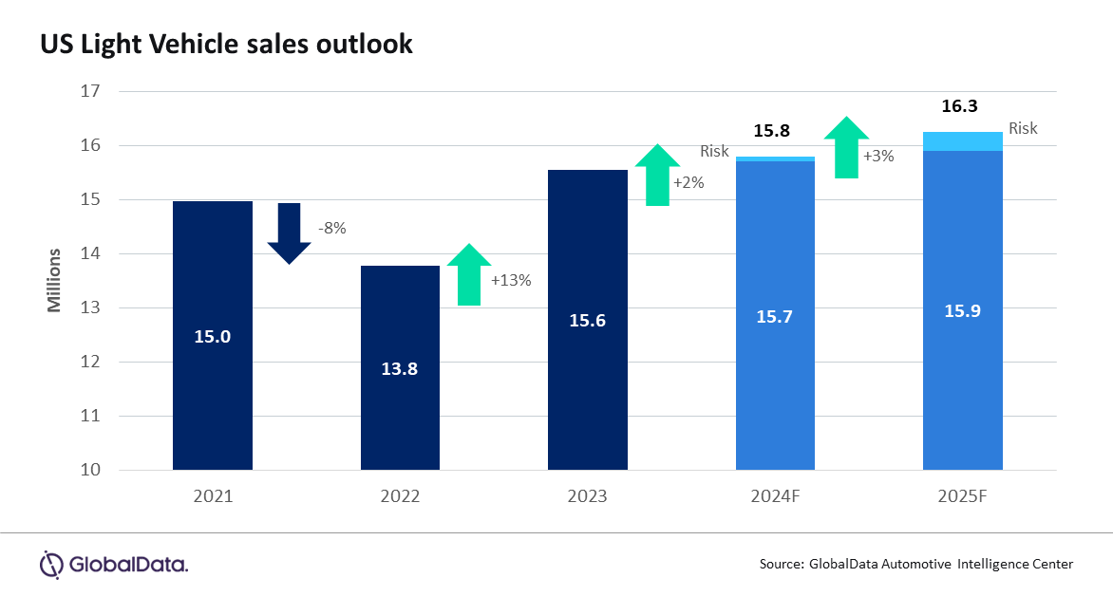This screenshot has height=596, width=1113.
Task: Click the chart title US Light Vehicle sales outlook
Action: point(226,44)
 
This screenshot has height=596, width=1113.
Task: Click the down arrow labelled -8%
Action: point(289,233)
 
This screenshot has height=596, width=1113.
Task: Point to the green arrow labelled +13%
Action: point(469,275)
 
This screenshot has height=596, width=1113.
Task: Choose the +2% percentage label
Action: point(689,182)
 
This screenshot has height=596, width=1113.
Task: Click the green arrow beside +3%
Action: point(845,147)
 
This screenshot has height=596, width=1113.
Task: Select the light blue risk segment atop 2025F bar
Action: point(963,141)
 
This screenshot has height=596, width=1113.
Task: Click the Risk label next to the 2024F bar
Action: point(714,151)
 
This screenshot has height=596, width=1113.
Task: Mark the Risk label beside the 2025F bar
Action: point(1023,128)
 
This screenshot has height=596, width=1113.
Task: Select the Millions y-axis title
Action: point(54,280)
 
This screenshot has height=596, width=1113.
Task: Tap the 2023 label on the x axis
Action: point(587,495)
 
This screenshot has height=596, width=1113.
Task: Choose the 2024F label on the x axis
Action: point(775,495)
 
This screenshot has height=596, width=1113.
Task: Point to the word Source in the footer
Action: point(780,564)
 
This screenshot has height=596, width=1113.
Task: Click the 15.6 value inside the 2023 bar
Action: point(587,321)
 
